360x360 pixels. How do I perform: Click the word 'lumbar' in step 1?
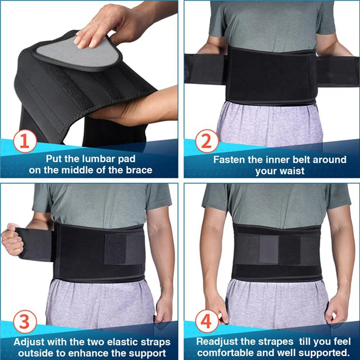tap(96, 159)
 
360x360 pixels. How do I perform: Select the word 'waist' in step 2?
tap(292, 171)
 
